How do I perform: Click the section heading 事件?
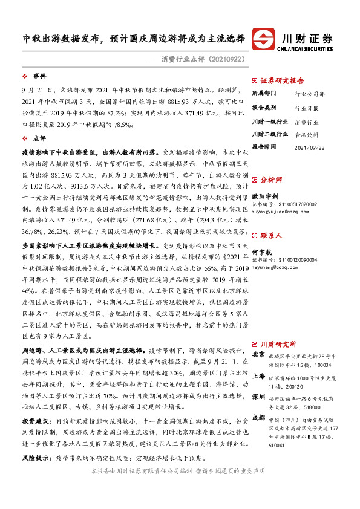point(39,76)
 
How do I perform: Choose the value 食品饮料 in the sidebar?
point(306,134)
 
